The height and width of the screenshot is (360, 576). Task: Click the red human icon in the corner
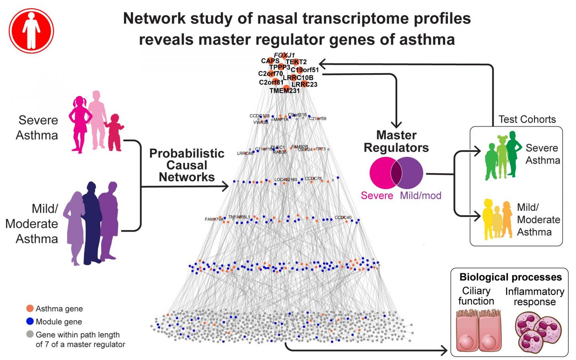click(31, 30)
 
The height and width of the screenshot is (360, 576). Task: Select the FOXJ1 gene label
click(284, 55)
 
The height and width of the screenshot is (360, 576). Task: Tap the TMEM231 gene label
click(284, 91)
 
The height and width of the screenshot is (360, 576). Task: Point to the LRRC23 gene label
click(304, 84)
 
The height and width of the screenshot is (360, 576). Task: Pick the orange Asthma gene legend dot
click(30, 308)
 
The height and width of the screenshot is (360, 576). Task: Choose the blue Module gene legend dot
click(30, 321)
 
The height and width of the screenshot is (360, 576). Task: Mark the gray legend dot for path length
click(30, 334)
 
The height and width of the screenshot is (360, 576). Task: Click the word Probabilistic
click(187, 153)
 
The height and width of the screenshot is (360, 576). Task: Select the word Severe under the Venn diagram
click(377, 196)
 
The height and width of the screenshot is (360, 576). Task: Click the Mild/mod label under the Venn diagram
click(421, 196)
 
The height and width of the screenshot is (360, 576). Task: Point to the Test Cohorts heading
click(527, 119)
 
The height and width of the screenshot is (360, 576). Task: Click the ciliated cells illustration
click(476, 331)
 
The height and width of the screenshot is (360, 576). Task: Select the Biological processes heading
click(510, 277)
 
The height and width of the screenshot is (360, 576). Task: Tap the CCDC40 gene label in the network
click(343, 218)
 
